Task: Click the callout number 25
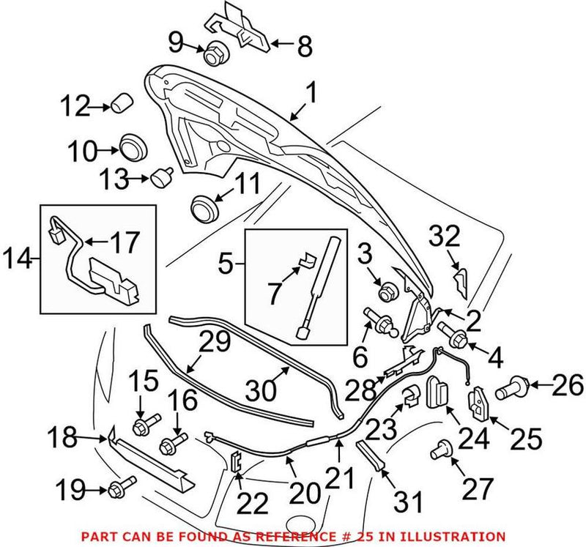click(x=527, y=439)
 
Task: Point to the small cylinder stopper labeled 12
click(x=122, y=105)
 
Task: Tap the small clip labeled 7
click(x=306, y=257)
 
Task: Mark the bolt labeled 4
click(x=458, y=338)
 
